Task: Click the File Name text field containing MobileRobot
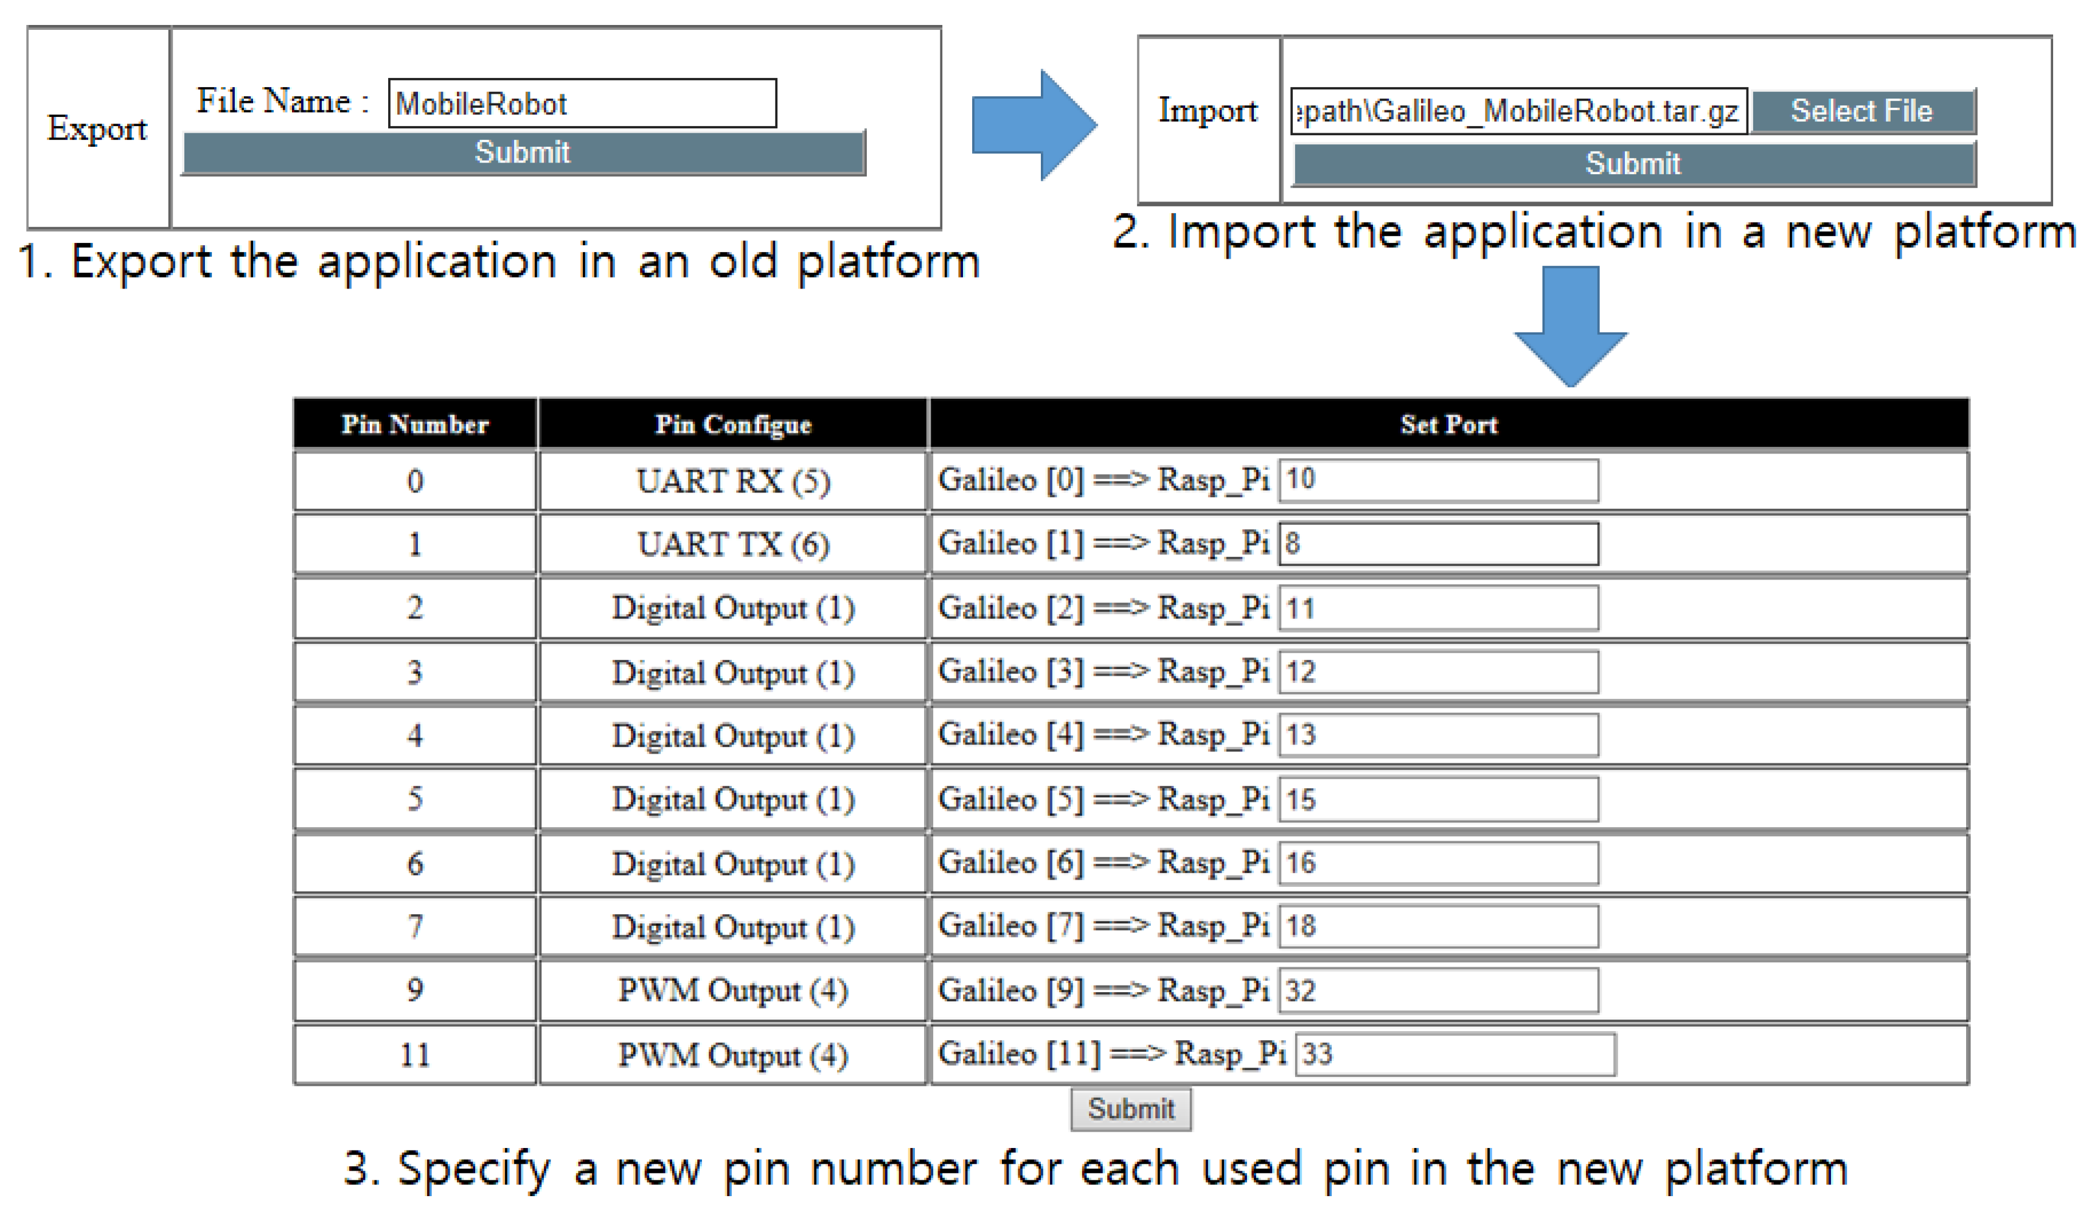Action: pos(582,103)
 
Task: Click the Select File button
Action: pos(1862,111)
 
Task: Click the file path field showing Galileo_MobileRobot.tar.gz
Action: pos(1518,111)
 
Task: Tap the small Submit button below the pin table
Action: pos(1131,1108)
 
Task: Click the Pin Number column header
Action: pos(415,425)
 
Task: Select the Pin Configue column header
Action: pos(733,425)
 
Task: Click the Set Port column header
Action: pos(1449,425)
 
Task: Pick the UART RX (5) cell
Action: pos(733,481)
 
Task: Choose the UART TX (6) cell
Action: pos(733,545)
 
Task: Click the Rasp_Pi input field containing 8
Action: pos(1438,544)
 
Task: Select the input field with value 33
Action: pos(1455,1054)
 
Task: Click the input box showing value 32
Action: pos(1438,990)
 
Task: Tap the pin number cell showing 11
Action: pos(415,1055)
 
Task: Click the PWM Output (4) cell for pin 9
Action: pos(733,990)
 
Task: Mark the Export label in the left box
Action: pos(98,128)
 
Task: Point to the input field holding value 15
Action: pos(1438,799)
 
